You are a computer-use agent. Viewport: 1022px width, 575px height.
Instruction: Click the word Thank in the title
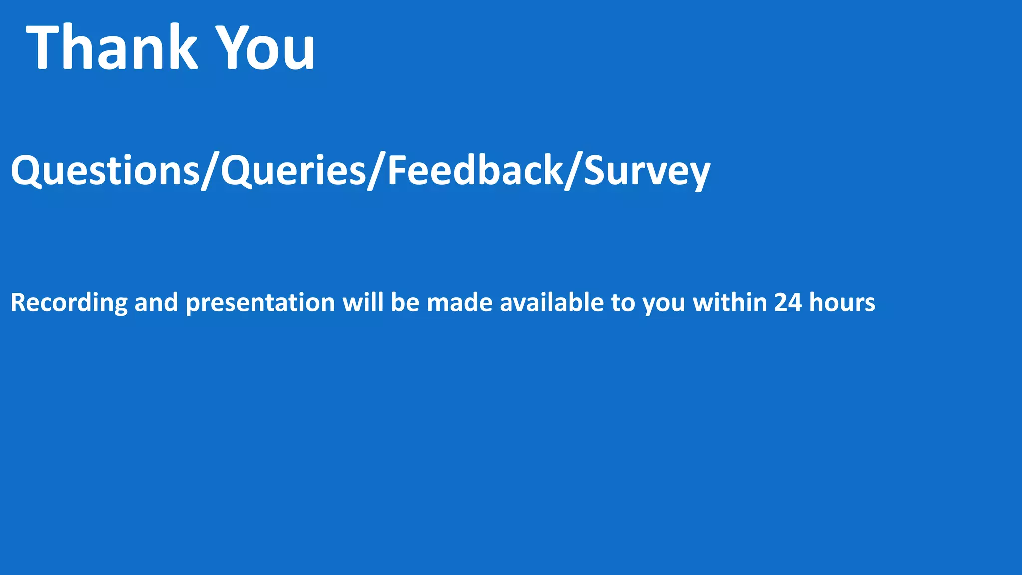click(112, 47)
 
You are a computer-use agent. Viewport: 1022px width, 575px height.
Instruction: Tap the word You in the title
click(267, 47)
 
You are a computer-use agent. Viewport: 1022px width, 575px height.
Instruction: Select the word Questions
click(105, 171)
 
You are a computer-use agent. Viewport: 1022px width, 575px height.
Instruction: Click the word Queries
click(293, 171)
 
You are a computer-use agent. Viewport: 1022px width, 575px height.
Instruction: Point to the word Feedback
click(476, 171)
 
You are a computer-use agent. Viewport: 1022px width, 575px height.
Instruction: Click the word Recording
click(69, 303)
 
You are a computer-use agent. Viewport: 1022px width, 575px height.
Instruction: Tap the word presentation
click(260, 303)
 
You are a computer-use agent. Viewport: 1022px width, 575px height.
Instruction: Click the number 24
click(788, 303)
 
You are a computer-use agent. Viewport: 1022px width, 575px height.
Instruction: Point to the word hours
click(842, 303)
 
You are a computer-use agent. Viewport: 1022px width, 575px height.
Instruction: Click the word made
click(459, 303)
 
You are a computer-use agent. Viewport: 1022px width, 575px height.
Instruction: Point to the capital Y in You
click(230, 47)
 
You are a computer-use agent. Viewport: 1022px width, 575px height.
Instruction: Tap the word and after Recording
click(156, 303)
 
